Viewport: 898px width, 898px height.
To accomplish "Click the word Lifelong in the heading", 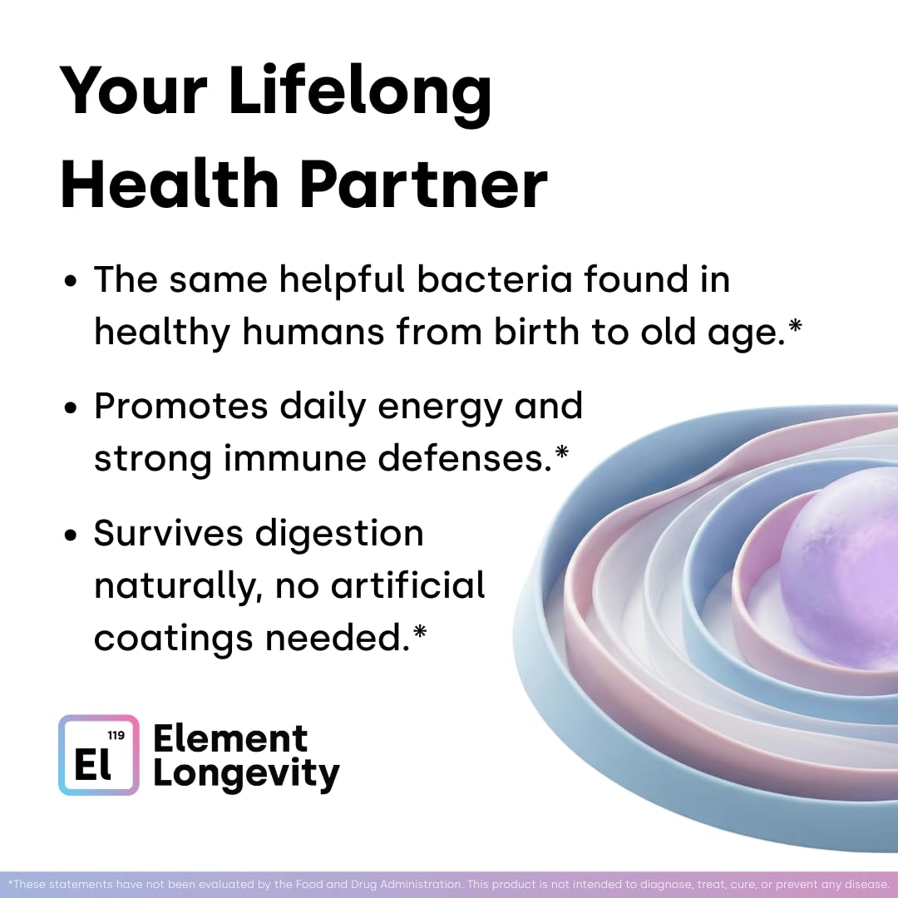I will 360,92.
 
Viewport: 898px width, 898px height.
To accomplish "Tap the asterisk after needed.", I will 420,632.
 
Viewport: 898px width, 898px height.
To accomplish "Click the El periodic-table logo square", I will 99,755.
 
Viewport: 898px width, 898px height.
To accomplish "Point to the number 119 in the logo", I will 116,735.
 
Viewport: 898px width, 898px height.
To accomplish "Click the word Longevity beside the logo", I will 246,773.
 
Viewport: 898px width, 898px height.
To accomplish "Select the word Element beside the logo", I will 230,738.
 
